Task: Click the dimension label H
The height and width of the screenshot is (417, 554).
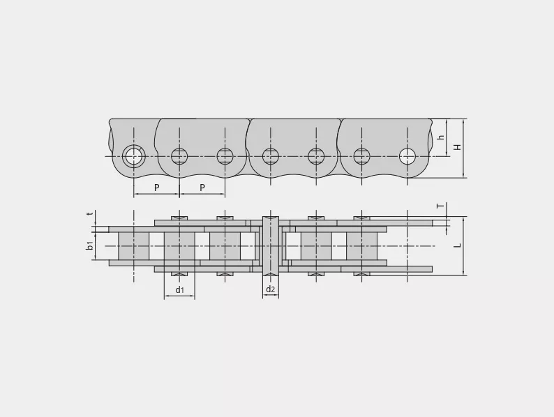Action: pos(458,147)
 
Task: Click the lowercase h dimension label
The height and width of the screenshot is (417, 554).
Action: pos(440,137)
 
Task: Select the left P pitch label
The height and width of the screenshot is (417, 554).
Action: pos(156,188)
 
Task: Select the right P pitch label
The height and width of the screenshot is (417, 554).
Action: pos(202,188)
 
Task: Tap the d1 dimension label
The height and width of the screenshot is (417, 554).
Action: pos(180,290)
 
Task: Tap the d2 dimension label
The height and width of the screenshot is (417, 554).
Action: pos(270,289)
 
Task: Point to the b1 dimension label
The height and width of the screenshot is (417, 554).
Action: pos(90,245)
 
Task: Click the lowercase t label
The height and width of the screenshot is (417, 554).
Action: pos(91,213)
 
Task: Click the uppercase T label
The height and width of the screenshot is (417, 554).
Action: pos(440,206)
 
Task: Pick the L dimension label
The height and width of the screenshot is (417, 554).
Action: pos(458,245)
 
